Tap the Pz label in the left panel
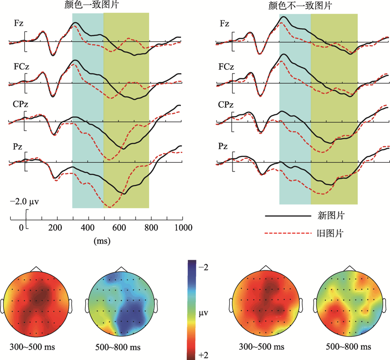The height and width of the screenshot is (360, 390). [18, 145]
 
